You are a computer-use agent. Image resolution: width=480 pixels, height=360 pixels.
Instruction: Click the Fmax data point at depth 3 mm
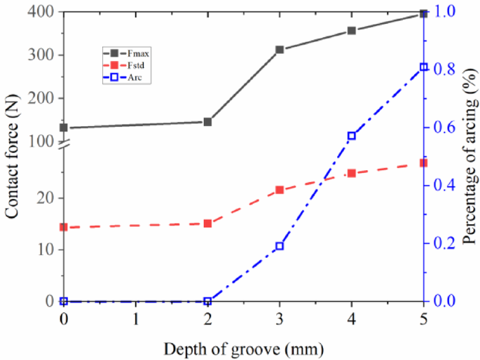point(280,50)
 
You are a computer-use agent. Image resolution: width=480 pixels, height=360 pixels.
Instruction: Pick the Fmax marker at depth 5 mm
point(423,13)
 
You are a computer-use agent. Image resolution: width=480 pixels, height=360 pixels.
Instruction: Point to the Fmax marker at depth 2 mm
point(207,122)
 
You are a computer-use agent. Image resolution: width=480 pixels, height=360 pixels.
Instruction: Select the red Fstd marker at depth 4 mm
point(352,173)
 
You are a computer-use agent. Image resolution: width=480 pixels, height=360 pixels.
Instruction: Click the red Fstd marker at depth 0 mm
point(64,227)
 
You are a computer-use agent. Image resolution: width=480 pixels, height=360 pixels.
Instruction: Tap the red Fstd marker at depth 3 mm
point(280,190)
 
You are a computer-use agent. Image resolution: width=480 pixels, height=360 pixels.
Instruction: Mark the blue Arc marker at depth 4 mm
point(352,136)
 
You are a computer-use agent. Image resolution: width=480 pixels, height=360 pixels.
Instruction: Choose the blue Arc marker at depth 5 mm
point(423,67)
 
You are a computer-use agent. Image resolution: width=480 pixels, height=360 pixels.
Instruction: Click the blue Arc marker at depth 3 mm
point(280,246)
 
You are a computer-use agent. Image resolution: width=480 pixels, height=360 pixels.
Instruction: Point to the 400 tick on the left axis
point(41,12)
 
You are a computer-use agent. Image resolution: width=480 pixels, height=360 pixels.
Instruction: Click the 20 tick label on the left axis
point(44,198)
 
